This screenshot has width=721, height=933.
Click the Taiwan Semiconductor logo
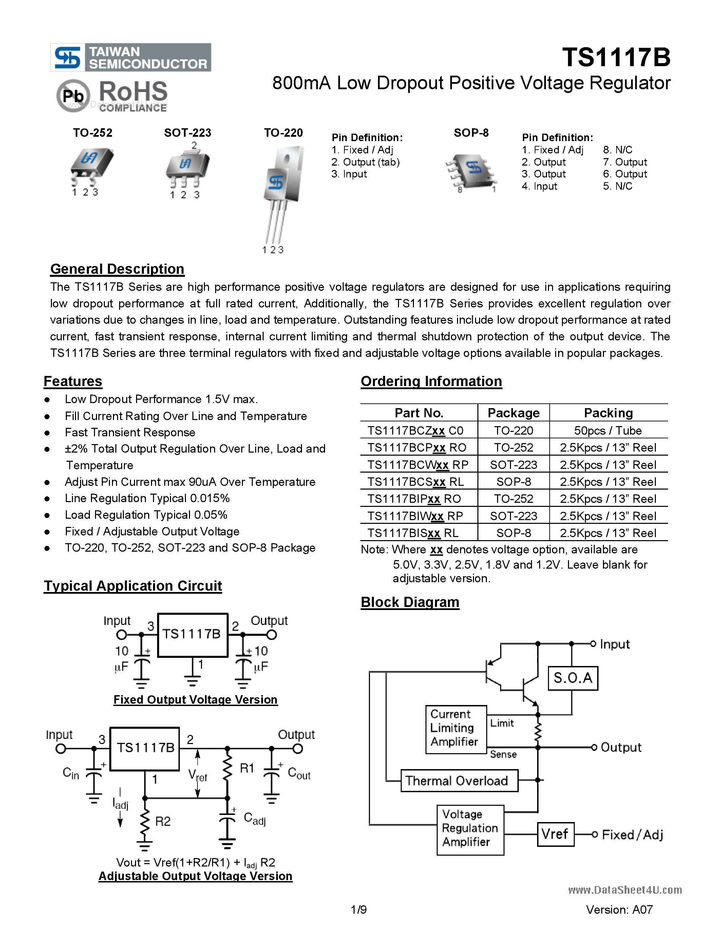click(130, 57)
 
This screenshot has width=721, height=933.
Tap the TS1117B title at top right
click(616, 57)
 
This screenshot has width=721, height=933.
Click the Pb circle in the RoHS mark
click(73, 96)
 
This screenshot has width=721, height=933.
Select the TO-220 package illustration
click(282, 188)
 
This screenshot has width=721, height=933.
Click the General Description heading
click(117, 269)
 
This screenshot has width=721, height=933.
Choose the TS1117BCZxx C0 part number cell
click(415, 431)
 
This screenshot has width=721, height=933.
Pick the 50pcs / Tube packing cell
click(607, 431)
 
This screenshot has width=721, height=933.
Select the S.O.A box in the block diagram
click(573, 678)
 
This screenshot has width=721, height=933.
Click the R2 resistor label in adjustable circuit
click(163, 821)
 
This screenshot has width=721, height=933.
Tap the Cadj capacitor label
click(254, 819)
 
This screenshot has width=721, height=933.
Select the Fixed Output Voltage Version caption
click(195, 700)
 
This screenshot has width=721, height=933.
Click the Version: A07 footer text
click(619, 910)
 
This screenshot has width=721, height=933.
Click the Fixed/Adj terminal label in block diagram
click(632, 835)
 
